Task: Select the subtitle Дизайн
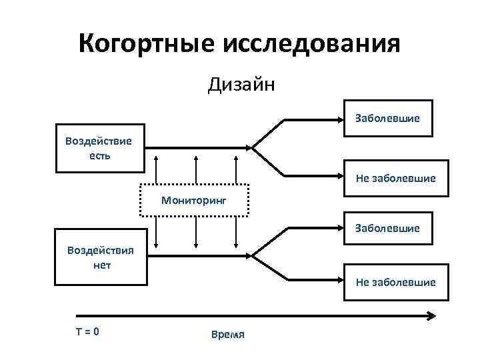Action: pos(241,85)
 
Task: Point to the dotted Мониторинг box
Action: pos(194,199)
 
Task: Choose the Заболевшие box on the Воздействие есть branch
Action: pos(387,119)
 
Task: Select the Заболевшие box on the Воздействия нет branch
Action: pos(387,228)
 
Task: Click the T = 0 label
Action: pos(87,330)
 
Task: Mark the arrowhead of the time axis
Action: pos(431,316)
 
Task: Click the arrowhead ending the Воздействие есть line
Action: pos(251,147)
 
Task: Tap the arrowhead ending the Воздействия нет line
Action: pos(251,255)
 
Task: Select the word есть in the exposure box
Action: pos(99,155)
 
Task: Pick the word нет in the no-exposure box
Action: pos(100,265)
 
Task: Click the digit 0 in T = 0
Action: pos(97,330)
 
